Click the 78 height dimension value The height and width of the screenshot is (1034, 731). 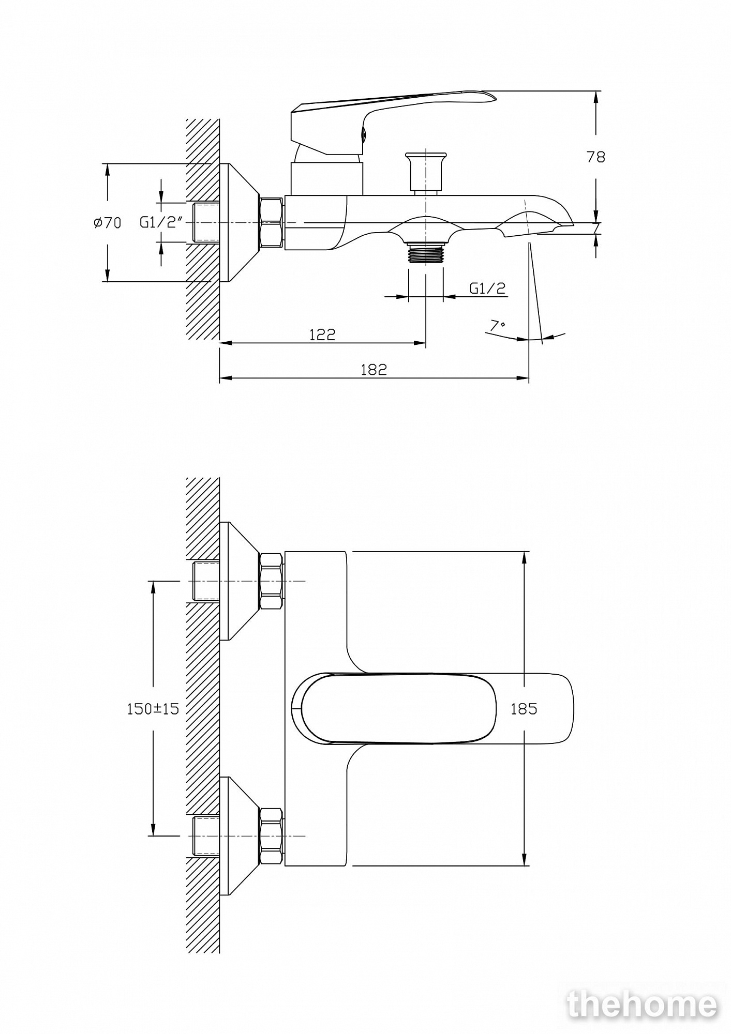595,157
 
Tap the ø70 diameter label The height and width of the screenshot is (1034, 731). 108,223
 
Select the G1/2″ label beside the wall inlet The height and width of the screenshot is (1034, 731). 162,222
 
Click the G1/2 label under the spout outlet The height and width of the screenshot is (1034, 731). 487,288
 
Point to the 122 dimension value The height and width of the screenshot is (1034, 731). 322,334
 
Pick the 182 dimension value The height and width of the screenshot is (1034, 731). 374,370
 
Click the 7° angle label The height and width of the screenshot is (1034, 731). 498,326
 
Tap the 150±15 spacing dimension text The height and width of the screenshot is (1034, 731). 153,709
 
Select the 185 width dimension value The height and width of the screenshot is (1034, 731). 524,709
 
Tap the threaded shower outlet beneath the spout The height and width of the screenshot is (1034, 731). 425,253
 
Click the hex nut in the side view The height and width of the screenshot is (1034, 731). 271,222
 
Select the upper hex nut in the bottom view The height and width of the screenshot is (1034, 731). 271,581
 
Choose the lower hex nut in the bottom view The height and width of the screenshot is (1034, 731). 271,837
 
